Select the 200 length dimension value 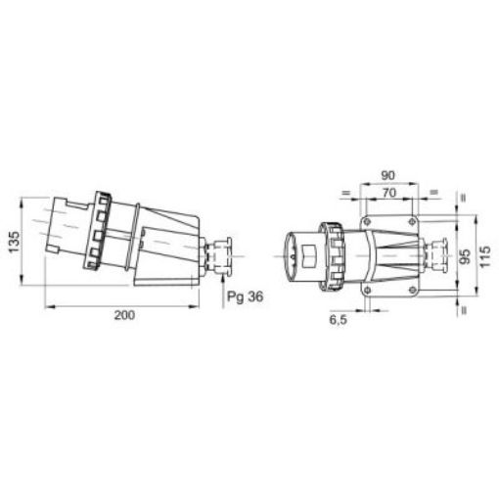pyautogui.click(x=122, y=315)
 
